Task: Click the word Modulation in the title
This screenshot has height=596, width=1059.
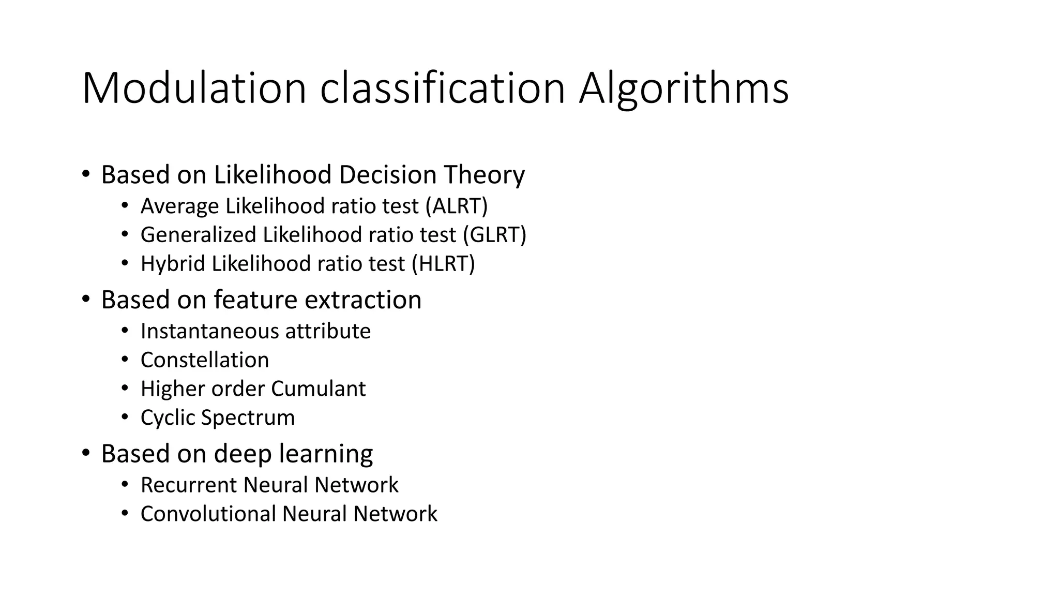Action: tap(194, 88)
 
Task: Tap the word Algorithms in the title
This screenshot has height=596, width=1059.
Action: tap(684, 88)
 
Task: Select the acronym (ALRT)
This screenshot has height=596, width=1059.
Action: tap(457, 206)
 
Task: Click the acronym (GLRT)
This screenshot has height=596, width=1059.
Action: tap(494, 235)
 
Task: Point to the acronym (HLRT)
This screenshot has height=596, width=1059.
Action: tap(443, 264)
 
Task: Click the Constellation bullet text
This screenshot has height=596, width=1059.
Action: tap(205, 360)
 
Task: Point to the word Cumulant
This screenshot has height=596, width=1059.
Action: tap(318, 389)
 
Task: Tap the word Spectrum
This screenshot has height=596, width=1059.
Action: tap(248, 418)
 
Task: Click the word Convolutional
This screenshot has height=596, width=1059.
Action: tap(207, 514)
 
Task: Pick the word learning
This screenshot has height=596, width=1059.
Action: tap(326, 454)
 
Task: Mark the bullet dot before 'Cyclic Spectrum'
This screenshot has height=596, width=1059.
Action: tap(125, 418)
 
